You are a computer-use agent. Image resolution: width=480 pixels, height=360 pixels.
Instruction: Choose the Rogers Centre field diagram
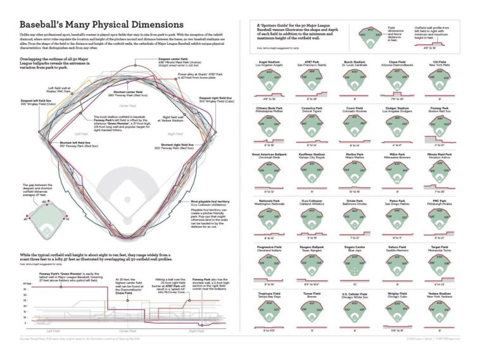355,263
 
